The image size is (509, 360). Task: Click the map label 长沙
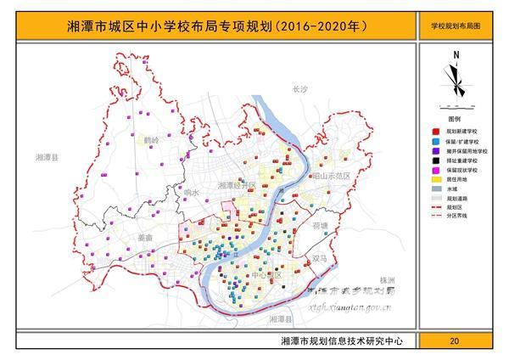tap(297, 88)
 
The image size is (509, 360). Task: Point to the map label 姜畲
tap(143, 239)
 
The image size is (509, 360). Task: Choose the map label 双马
tap(319, 257)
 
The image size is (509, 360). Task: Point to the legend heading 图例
tap(455, 121)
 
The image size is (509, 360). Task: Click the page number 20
tap(455, 340)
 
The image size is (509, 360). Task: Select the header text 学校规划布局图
tap(456, 26)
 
